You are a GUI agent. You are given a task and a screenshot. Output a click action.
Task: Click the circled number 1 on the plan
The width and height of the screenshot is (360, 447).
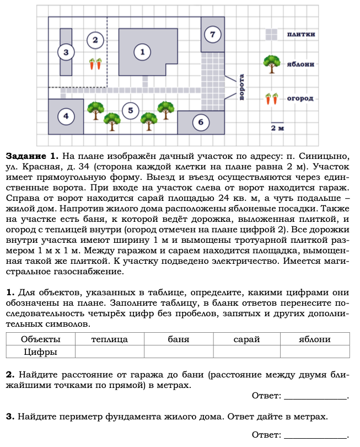pyautogui.click(x=142, y=52)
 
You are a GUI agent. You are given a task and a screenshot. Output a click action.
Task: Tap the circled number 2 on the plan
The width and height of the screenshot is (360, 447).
pyautogui.click(x=95, y=40)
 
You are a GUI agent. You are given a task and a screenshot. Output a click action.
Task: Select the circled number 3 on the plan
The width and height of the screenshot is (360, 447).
pyautogui.click(x=66, y=52)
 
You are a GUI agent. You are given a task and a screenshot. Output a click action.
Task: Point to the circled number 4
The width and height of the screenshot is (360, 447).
pyautogui.click(x=66, y=116)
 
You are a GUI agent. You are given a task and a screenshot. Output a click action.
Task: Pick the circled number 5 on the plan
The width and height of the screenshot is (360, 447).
pyautogui.click(x=130, y=110)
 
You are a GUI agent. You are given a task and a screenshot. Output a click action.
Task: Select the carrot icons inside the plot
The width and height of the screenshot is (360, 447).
pyautogui.click(x=95, y=64)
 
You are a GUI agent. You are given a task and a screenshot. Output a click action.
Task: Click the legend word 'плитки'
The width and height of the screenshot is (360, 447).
pyautogui.click(x=300, y=34)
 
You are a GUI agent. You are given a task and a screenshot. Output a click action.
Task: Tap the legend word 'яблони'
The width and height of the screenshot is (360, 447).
pyautogui.click(x=300, y=64)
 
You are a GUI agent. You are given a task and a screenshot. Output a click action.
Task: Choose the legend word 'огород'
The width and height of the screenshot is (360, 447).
pyautogui.click(x=300, y=99)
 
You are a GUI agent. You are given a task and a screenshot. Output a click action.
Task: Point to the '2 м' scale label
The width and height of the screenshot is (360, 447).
pyautogui.click(x=277, y=128)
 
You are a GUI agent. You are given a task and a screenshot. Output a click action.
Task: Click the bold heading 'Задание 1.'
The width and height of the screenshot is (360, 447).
pyautogui.click(x=31, y=156)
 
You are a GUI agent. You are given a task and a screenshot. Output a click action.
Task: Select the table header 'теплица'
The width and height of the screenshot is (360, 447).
pyautogui.click(x=110, y=339)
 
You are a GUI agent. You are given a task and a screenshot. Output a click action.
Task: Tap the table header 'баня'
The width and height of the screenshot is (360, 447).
pyautogui.click(x=178, y=339)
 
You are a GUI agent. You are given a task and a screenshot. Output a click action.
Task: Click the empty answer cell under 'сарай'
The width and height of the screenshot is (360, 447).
pyautogui.click(x=246, y=352)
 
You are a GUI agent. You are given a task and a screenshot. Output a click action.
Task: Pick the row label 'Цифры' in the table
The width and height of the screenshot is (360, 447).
pyautogui.click(x=40, y=352)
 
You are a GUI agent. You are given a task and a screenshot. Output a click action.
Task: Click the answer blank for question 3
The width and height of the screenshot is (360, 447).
pyautogui.click(x=315, y=434)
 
